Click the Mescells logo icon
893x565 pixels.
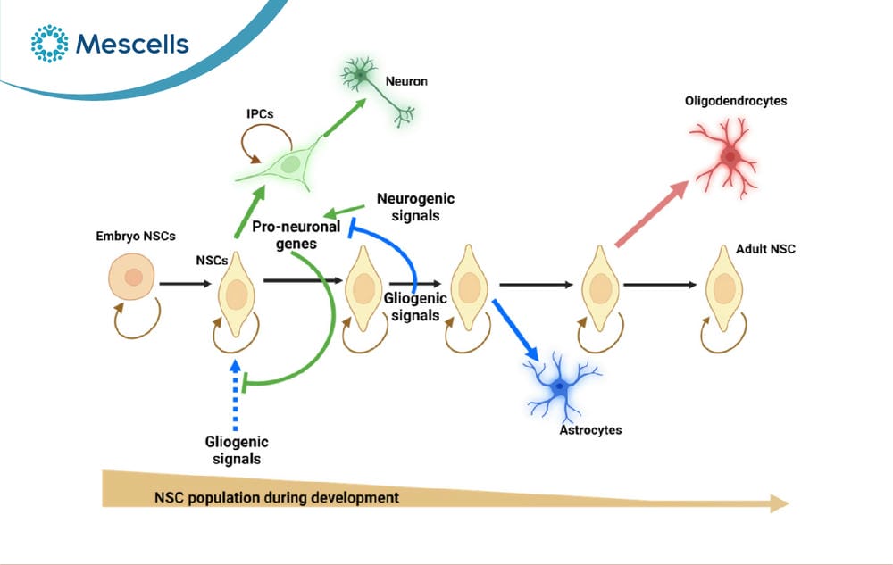point(49,43)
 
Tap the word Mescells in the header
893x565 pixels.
point(132,45)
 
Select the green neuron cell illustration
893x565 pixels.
point(377,90)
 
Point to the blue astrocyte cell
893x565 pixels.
point(561,386)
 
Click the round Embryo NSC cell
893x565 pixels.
point(131,277)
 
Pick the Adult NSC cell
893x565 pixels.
point(724,288)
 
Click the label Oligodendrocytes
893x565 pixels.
point(736,101)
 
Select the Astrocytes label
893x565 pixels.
point(590,430)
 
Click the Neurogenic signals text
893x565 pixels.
point(416,207)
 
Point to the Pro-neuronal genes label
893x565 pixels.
point(296,235)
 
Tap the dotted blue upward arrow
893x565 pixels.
point(235,395)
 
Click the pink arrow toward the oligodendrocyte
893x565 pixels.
point(652,213)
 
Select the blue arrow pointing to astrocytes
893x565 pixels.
point(515,330)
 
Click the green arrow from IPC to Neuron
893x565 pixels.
point(345,117)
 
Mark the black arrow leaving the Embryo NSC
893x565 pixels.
point(185,283)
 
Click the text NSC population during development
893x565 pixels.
point(277,498)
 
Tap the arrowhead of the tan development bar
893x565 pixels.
point(779,503)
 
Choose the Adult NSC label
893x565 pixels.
point(765,249)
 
